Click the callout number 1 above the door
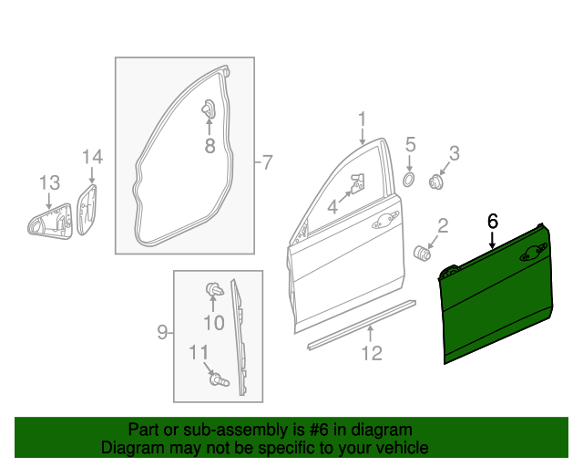tap(362, 119)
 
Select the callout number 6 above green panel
tap(493, 220)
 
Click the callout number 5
tap(410, 144)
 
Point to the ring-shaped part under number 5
tap(409, 179)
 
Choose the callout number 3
tap(453, 153)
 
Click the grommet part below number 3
tap(435, 183)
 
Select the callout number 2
tap(443, 225)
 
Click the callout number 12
tap(371, 353)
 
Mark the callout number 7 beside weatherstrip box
tap(266, 163)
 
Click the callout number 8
tap(209, 145)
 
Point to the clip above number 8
tap(208, 109)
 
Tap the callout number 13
tap(48, 182)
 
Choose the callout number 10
tap(213, 322)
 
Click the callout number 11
tap(199, 353)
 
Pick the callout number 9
tap(161, 332)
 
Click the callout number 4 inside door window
tap(332, 208)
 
